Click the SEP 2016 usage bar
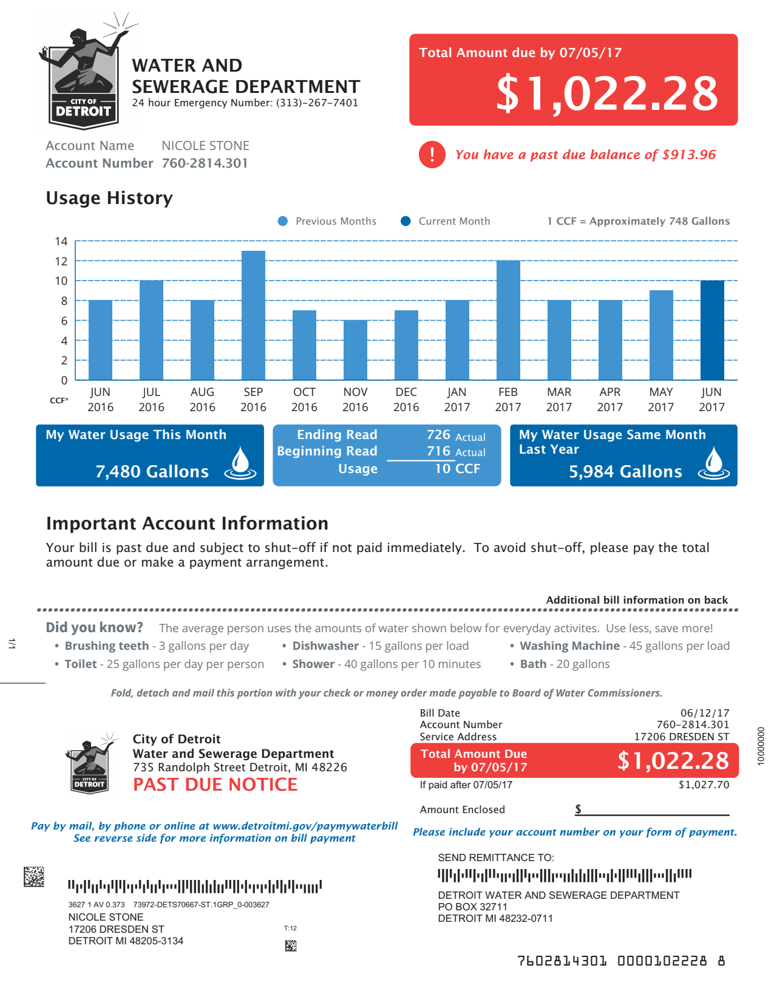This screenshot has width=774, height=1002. (253, 316)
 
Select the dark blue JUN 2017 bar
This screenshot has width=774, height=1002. (712, 330)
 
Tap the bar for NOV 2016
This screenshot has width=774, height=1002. (355, 350)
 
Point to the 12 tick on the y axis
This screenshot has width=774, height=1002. (61, 261)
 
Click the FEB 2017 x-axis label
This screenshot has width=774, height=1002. (508, 400)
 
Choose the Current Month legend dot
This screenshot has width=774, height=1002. (406, 221)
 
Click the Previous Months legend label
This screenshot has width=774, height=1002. (336, 221)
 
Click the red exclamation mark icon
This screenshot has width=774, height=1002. (432, 154)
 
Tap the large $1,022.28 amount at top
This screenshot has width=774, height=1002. (607, 93)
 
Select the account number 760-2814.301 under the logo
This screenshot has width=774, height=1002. (205, 163)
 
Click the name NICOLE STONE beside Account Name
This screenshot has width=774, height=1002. (205, 146)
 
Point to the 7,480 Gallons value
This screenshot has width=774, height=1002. (152, 471)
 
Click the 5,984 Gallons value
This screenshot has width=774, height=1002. (625, 471)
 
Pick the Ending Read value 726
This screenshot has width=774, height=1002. (438, 435)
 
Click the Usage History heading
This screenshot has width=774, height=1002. (109, 198)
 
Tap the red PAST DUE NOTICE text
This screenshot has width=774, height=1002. (215, 785)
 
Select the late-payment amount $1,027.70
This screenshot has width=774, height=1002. (704, 785)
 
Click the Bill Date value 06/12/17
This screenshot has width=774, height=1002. (704, 713)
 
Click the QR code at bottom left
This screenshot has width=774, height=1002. (34, 876)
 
